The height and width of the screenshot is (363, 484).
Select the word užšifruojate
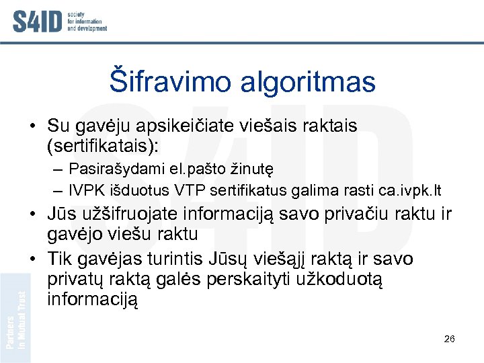pyautogui.click(x=134, y=215)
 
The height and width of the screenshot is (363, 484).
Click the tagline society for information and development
pyautogui.click(x=87, y=21)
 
